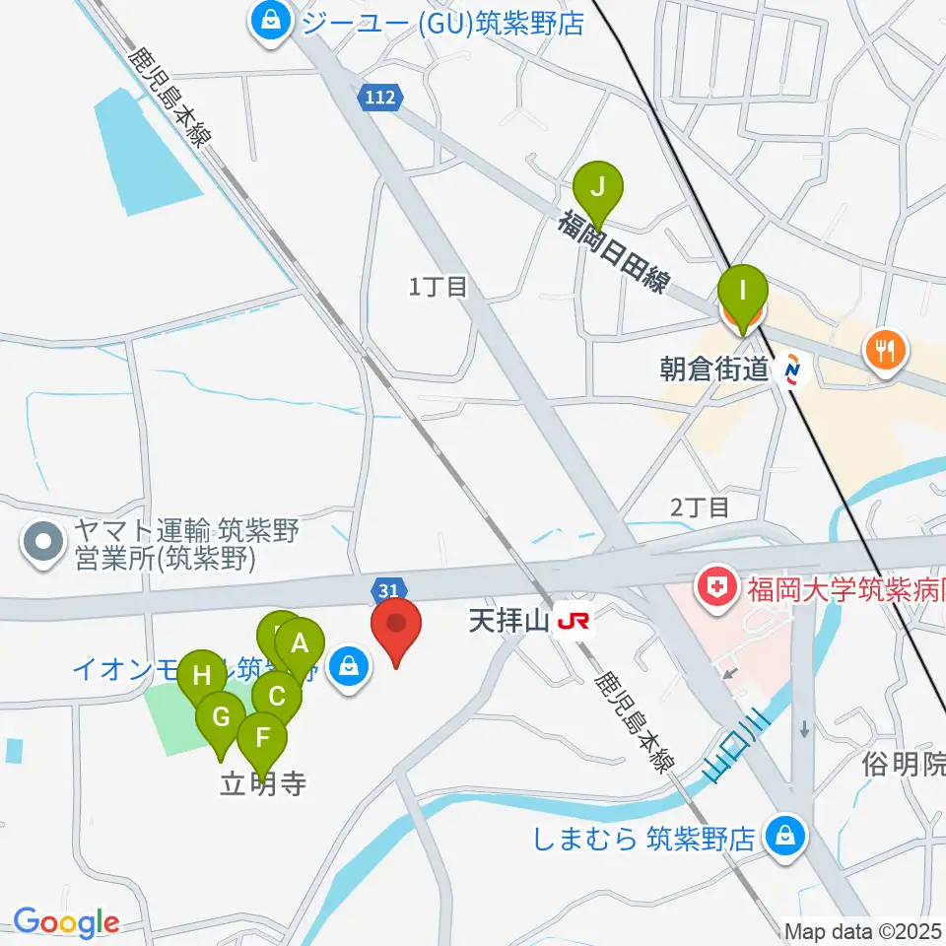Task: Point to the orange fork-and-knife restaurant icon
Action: pos(884,351)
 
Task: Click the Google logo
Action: pos(65,922)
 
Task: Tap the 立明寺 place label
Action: pos(262,784)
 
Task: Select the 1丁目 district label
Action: pos(437,287)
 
